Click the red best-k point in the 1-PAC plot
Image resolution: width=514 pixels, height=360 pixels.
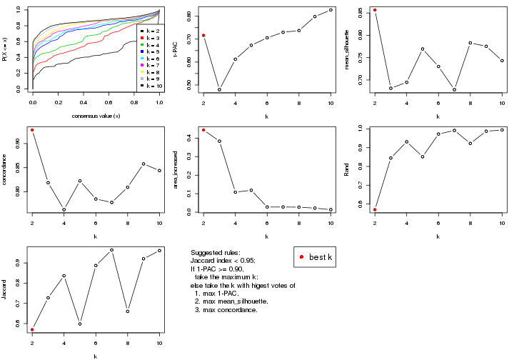click(203, 35)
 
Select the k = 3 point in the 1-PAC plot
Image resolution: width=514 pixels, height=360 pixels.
click(219, 89)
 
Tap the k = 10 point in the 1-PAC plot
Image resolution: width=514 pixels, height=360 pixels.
click(331, 10)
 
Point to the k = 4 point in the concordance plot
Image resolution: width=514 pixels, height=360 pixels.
click(64, 209)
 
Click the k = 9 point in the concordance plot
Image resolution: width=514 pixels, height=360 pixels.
click(143, 164)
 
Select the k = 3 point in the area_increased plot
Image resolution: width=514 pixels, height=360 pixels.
click(219, 141)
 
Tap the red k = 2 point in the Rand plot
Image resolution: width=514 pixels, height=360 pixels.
click(375, 209)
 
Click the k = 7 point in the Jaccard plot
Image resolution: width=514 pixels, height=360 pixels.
click(111, 250)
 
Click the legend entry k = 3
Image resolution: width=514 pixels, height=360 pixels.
click(151, 39)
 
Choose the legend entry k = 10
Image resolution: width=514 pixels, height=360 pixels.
click(152, 85)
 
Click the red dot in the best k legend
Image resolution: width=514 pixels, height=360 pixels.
click(302, 257)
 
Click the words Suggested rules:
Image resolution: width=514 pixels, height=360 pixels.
click(216, 254)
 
